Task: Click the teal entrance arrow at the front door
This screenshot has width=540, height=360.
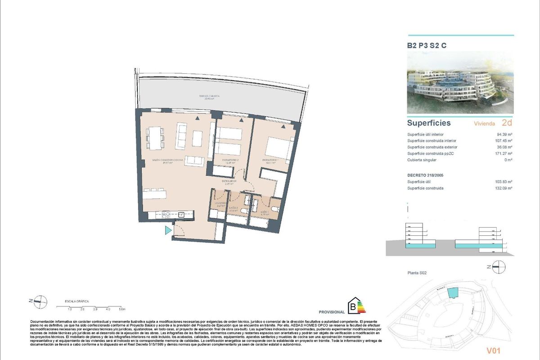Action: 168,231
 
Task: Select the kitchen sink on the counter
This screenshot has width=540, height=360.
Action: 182,214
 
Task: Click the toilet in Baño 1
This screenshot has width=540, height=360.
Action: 274,211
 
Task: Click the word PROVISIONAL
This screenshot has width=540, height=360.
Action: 332,312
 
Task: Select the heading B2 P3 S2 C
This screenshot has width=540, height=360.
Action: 427,45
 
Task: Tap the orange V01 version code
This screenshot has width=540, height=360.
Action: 493,350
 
